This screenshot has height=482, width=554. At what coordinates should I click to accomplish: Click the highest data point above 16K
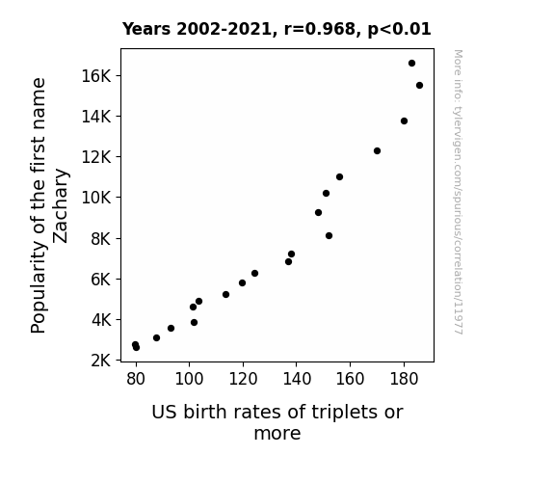(x=411, y=64)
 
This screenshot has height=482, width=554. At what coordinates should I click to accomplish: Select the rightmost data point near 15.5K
(x=419, y=85)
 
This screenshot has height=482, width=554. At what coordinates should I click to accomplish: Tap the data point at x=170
(x=377, y=151)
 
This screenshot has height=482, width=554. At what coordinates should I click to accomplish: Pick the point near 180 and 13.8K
(x=405, y=120)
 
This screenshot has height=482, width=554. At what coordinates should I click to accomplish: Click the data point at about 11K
(x=339, y=176)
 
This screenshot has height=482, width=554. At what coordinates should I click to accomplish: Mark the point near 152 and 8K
(x=329, y=236)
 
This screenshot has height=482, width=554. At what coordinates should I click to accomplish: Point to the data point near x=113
(x=226, y=295)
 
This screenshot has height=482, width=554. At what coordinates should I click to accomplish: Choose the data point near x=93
(x=171, y=328)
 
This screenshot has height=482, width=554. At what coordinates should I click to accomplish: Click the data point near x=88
(x=156, y=337)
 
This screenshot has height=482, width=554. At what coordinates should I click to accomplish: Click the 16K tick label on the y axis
(x=96, y=76)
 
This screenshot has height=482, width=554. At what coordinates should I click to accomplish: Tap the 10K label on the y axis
(x=96, y=198)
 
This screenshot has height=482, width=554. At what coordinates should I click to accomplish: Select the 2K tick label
(x=101, y=361)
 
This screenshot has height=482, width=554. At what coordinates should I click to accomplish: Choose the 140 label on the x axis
(x=297, y=379)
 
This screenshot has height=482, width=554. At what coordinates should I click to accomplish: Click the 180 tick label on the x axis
(x=404, y=379)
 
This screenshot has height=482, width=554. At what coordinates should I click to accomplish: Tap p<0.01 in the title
(x=399, y=30)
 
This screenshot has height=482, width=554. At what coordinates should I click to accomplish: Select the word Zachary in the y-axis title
(x=60, y=206)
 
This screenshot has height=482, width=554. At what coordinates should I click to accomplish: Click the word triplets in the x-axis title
(x=339, y=413)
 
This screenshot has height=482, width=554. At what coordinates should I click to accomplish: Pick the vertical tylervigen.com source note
(x=458, y=192)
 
